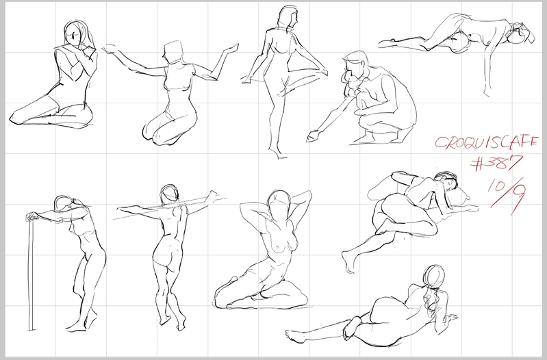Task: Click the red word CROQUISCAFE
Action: pos(486,142)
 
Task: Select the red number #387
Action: pos(497,163)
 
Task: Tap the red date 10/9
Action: pos(507,195)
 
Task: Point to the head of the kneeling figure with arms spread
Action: pos(173,53)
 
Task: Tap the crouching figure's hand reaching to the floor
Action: pos(314,136)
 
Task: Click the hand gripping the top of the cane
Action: pos(34,216)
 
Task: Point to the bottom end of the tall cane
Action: pos(31,329)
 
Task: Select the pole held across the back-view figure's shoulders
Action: pos(170,209)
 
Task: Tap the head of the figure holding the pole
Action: pos(170,194)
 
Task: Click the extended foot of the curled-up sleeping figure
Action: pos(349,262)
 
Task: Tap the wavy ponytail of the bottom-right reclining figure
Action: pos(430,296)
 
